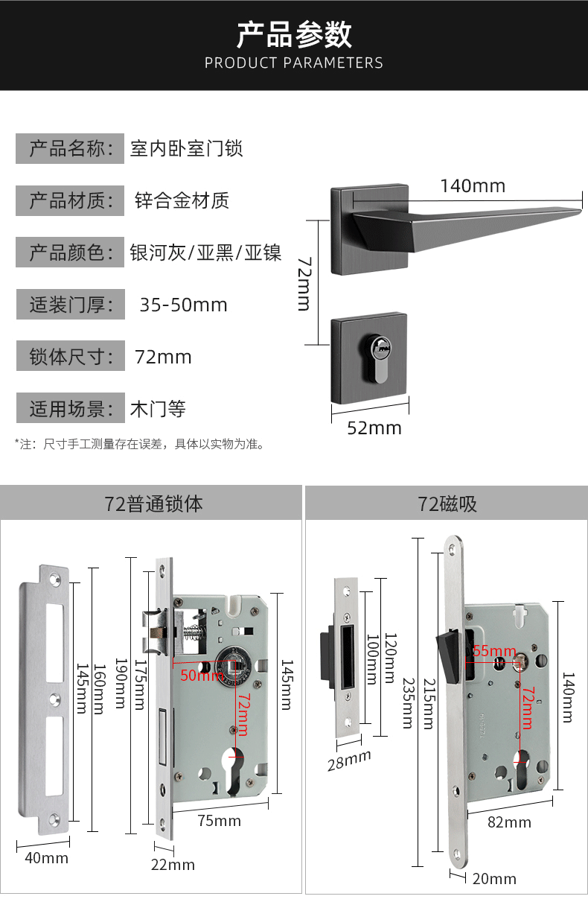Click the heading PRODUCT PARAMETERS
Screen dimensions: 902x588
click(x=294, y=63)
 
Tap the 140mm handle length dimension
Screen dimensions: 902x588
click(x=472, y=185)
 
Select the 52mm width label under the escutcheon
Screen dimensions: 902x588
click(x=374, y=428)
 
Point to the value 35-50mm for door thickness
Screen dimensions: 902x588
click(x=183, y=305)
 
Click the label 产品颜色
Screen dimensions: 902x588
click(x=70, y=253)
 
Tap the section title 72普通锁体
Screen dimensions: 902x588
click(x=153, y=504)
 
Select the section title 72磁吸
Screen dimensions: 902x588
click(x=447, y=504)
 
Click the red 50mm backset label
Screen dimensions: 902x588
click(x=202, y=676)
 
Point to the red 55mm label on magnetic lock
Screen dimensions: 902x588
click(x=494, y=651)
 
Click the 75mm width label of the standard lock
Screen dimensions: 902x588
click(x=219, y=821)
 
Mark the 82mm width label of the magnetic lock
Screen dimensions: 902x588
click(x=509, y=822)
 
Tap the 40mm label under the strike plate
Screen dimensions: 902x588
click(x=46, y=858)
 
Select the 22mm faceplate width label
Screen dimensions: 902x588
click(x=173, y=865)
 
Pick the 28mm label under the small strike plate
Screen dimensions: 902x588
click(x=348, y=760)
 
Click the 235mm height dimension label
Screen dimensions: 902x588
click(x=406, y=702)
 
